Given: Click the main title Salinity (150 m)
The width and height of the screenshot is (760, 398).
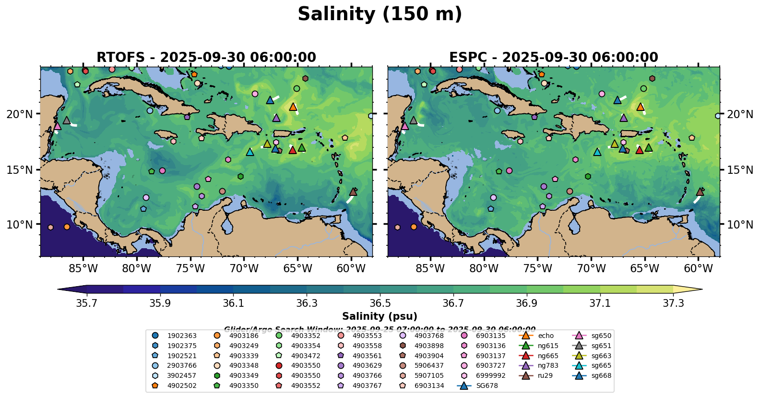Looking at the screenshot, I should click(x=380, y=14).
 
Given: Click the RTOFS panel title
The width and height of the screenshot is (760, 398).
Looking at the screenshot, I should click(x=206, y=57).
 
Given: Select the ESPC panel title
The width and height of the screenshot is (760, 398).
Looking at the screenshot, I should click(x=553, y=57).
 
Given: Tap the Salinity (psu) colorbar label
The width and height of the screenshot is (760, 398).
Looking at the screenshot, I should click(x=380, y=316).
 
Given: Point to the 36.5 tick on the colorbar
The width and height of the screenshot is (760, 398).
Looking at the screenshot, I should click(x=380, y=303).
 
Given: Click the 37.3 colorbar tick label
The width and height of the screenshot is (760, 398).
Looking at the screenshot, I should click(x=673, y=303).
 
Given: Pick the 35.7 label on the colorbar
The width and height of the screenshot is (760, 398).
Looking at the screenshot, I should click(x=87, y=303).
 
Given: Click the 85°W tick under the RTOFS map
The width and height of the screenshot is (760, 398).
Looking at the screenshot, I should click(x=83, y=268).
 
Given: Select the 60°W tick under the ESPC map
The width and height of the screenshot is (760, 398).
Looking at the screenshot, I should click(x=698, y=268).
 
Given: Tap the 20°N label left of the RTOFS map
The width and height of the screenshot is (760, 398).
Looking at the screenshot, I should click(x=20, y=114).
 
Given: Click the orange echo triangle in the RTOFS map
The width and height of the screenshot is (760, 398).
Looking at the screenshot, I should click(x=293, y=107).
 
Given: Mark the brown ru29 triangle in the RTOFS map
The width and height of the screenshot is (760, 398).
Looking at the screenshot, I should click(x=353, y=192).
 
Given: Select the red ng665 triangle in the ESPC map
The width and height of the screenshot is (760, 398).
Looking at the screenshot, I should click(x=640, y=150).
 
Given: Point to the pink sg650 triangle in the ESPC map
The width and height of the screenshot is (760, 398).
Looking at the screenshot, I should click(x=404, y=126).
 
